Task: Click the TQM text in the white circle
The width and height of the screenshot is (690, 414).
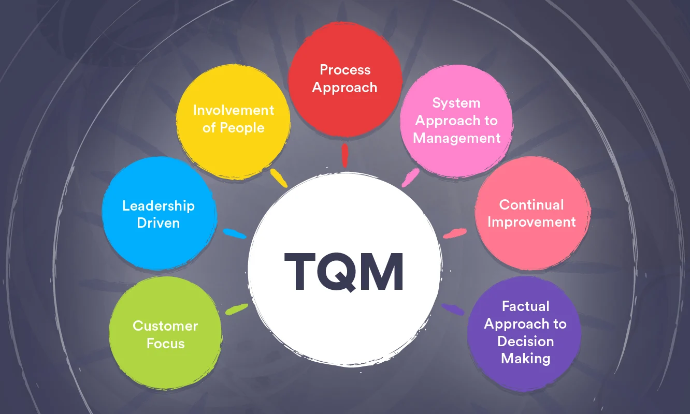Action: coord(344,272)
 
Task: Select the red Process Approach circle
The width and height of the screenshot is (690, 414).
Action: coord(344,80)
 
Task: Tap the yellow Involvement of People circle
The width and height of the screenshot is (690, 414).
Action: coord(233,120)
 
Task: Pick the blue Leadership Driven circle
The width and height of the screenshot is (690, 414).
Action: coord(159,213)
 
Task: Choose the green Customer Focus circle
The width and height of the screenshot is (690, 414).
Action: coord(165,334)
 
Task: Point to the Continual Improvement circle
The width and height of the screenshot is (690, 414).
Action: coord(532,213)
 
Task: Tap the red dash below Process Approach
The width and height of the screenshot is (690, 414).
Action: coord(344,155)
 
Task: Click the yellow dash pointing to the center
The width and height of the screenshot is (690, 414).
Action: coord(278,178)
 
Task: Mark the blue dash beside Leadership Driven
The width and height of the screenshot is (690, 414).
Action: coord(234,233)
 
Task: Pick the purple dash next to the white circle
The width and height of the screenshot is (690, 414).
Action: coord(452,309)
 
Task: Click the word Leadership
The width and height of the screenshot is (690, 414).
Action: coord(159,205)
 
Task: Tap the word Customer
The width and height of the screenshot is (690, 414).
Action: coord(165,326)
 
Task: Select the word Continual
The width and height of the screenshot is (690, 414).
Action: coord(531,204)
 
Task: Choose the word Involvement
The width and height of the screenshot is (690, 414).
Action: coord(233,110)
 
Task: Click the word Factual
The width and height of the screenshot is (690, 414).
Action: coord(525,306)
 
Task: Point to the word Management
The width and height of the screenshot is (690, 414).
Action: coord(456,139)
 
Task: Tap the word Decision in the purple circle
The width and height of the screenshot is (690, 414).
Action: coord(525,342)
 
